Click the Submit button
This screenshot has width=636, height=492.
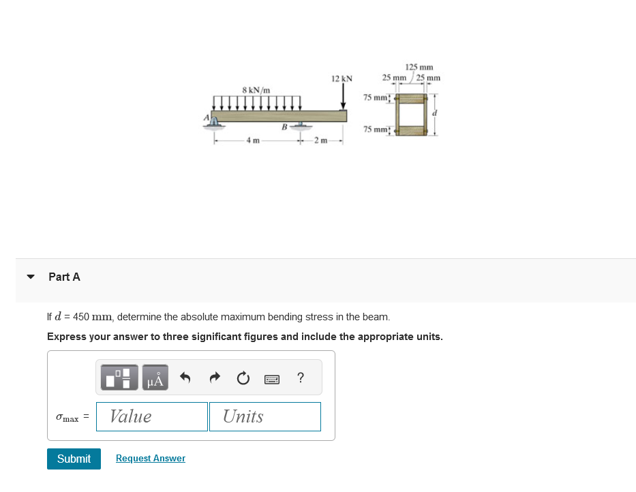pos(74,459)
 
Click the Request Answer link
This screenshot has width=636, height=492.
pos(151,459)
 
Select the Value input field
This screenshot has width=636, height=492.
pos(152,416)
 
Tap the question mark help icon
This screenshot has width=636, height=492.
pos(301,378)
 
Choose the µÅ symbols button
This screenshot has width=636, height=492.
pos(155,378)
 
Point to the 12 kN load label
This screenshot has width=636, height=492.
pos(342,79)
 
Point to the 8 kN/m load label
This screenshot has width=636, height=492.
pos(256,89)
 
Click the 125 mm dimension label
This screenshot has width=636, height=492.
pos(419,67)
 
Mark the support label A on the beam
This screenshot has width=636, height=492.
pos(206,117)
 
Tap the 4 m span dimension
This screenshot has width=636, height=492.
pos(252,141)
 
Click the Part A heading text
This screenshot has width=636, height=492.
pos(64,277)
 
